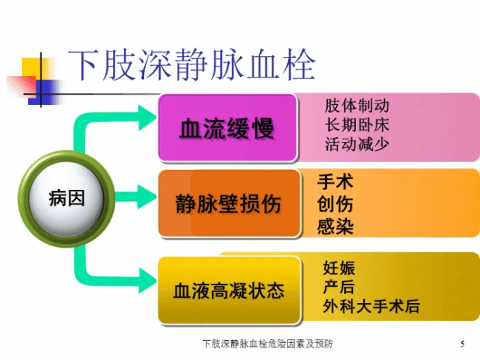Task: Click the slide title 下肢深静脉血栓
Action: (191, 65)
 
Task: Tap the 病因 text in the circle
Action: (67, 197)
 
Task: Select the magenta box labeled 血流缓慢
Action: (228, 128)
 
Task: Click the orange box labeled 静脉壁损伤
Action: (229, 204)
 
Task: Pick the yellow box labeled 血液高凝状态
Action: (229, 290)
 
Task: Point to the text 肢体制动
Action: (357, 106)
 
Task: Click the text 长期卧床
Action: (357, 125)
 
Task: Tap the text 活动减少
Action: (357, 144)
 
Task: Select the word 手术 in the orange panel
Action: (335, 182)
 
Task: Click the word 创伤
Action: (335, 204)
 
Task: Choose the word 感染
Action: (335, 226)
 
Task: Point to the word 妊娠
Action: (339, 268)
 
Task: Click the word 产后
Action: (339, 287)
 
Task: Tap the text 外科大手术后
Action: (372, 306)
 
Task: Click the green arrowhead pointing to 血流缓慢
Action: (147, 118)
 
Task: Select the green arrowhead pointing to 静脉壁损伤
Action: (147, 197)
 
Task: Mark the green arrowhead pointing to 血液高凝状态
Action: (147, 280)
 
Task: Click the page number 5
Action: (462, 344)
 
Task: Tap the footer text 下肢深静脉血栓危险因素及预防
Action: (267, 344)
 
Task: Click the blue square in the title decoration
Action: (45, 92)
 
